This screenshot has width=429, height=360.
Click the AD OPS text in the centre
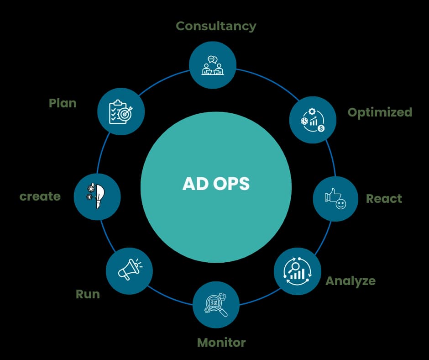click(x=216, y=184)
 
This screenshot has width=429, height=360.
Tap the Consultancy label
click(x=216, y=26)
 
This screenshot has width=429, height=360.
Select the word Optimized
click(x=380, y=112)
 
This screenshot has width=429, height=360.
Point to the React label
click(x=384, y=199)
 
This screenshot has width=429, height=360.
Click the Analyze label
click(x=350, y=281)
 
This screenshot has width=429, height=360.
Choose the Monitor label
click(x=221, y=342)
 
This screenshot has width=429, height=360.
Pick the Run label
click(x=88, y=294)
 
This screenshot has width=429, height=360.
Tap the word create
click(x=40, y=196)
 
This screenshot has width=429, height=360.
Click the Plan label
click(x=63, y=103)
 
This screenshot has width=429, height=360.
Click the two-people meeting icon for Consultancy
click(x=213, y=65)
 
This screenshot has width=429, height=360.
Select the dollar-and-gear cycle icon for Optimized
click(x=313, y=120)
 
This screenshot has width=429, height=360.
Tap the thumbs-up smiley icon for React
click(x=335, y=199)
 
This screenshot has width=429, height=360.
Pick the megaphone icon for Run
click(x=129, y=270)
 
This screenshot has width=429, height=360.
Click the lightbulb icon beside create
click(x=96, y=196)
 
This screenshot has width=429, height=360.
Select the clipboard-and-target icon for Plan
click(x=120, y=111)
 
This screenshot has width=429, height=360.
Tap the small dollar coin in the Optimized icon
click(x=321, y=128)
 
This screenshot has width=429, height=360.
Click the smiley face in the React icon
click(x=340, y=204)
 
